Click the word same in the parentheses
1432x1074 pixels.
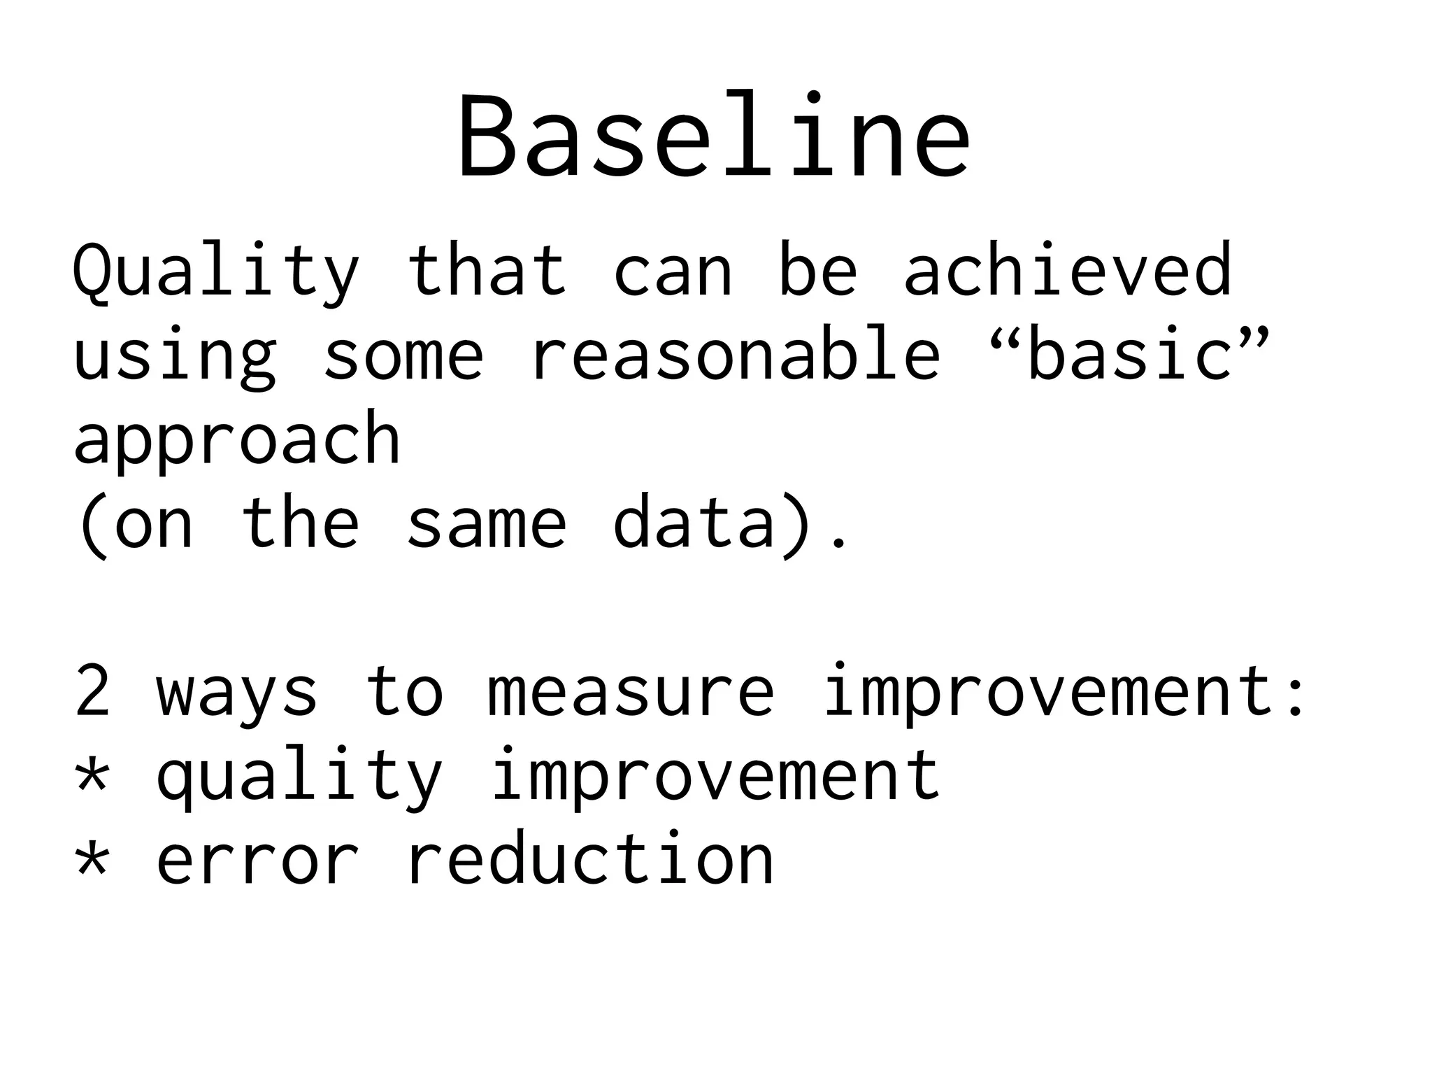point(486,523)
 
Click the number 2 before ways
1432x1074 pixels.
point(92,691)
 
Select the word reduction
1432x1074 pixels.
point(589,859)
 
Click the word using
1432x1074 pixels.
point(175,357)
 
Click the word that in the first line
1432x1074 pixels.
point(486,269)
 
